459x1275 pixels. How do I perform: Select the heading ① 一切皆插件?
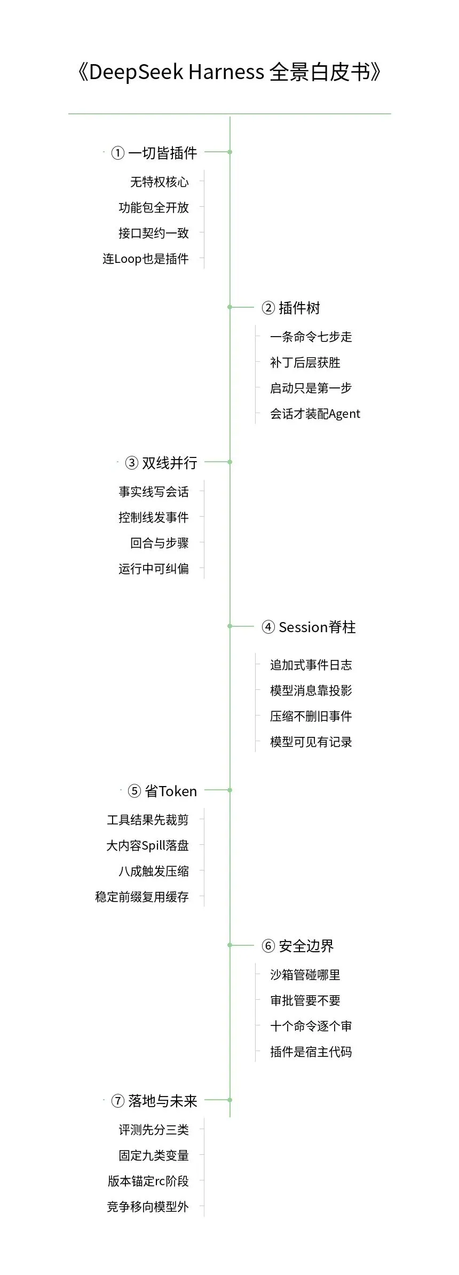coord(154,153)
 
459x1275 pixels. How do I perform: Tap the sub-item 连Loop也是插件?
coord(146,259)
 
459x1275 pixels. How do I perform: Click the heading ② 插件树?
coord(291,308)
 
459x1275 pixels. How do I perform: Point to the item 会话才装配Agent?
coord(315,414)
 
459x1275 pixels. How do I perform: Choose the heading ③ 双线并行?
coord(161,463)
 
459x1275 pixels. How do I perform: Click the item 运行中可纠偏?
coord(154,569)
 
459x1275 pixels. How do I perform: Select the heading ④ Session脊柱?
coord(308,627)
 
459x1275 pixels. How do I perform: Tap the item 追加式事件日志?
coord(311,665)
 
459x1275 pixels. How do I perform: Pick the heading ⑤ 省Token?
coord(162,791)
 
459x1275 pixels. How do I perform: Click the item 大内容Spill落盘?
coord(148,845)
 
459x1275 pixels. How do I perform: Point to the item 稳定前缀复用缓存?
coord(142,897)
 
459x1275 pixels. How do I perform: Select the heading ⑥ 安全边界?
coord(298,946)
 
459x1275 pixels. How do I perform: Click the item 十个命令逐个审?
coord(311,1026)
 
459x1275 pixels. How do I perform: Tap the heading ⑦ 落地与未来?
coord(154,1101)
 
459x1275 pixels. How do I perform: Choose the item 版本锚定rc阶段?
coord(148,1181)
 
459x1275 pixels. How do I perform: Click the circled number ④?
coord(268,627)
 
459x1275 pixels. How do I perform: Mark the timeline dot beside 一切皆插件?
coord(230,152)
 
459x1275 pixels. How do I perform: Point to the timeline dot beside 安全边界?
coord(230,945)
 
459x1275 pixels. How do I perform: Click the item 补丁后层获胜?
coord(305,363)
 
